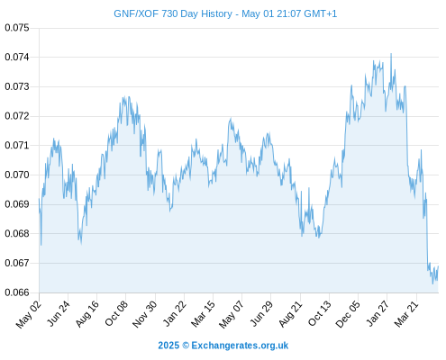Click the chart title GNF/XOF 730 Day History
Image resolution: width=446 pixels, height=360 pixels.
[173, 13]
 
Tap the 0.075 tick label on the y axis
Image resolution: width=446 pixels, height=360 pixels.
[17, 28]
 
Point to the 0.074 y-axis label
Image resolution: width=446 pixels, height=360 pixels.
[17, 57]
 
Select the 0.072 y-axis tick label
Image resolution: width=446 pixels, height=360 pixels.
[17, 116]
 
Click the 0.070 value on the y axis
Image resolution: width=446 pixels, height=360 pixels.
[17, 175]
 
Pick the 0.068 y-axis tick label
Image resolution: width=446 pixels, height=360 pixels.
[17, 233]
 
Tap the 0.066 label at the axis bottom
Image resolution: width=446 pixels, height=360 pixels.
[17, 292]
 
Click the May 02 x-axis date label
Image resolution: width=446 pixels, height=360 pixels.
[29, 314]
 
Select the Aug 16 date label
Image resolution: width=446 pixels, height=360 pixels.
[87, 314]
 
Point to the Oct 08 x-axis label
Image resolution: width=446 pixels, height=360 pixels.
[116, 313]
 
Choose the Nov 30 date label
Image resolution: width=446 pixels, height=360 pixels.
[144, 314]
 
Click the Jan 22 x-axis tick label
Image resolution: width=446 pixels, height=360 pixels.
[175, 313]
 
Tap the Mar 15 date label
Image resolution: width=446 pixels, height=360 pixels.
[203, 314]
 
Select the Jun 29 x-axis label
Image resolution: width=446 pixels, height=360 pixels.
[261, 313]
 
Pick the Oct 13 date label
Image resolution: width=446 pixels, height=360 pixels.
[320, 313]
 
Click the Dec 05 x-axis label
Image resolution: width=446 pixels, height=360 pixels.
[348, 314]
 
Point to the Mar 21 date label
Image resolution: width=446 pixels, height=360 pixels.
[406, 314]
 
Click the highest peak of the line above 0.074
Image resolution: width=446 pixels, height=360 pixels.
[391, 54]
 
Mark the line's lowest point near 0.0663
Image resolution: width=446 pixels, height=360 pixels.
[432, 283]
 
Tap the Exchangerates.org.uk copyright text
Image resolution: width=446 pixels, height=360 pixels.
[223, 346]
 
